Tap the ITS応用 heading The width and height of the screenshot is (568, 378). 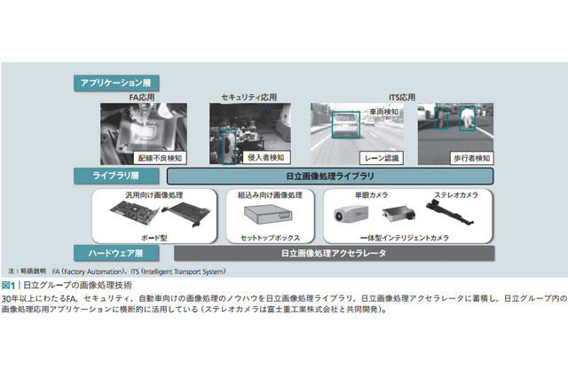(x=381, y=96)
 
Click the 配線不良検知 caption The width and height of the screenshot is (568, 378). (x=161, y=157)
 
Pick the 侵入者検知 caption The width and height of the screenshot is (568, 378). (x=264, y=157)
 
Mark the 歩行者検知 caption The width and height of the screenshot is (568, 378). (x=468, y=157)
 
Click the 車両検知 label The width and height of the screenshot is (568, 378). (x=382, y=113)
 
